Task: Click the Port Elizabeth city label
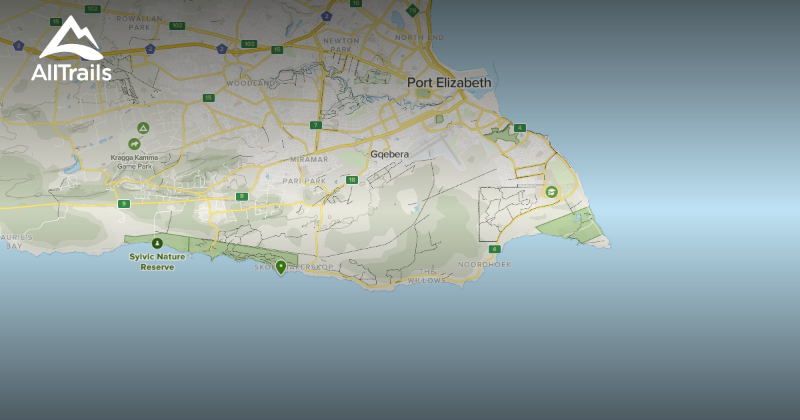pyautogui.click(x=449, y=83)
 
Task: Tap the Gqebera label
pyautogui.click(x=389, y=154)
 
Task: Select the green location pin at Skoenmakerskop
pyautogui.click(x=281, y=267)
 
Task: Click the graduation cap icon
pyautogui.click(x=551, y=192)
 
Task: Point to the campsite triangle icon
pyautogui.click(x=143, y=128)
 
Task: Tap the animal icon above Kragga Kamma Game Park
pyautogui.click(x=135, y=143)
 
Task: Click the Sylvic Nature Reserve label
pyautogui.click(x=157, y=262)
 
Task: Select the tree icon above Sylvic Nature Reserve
pyautogui.click(x=157, y=243)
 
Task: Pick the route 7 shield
pyautogui.click(x=315, y=125)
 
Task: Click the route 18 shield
pyautogui.click(x=352, y=180)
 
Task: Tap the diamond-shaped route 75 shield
pyautogui.click(x=413, y=10)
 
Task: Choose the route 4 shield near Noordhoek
pyautogui.click(x=493, y=249)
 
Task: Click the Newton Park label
pyautogui.click(x=341, y=45)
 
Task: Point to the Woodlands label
pyautogui.click(x=251, y=83)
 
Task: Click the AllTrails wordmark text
pyautogui.click(x=71, y=72)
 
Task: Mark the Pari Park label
pyautogui.click(x=303, y=181)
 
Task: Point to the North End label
pyautogui.click(x=419, y=37)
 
